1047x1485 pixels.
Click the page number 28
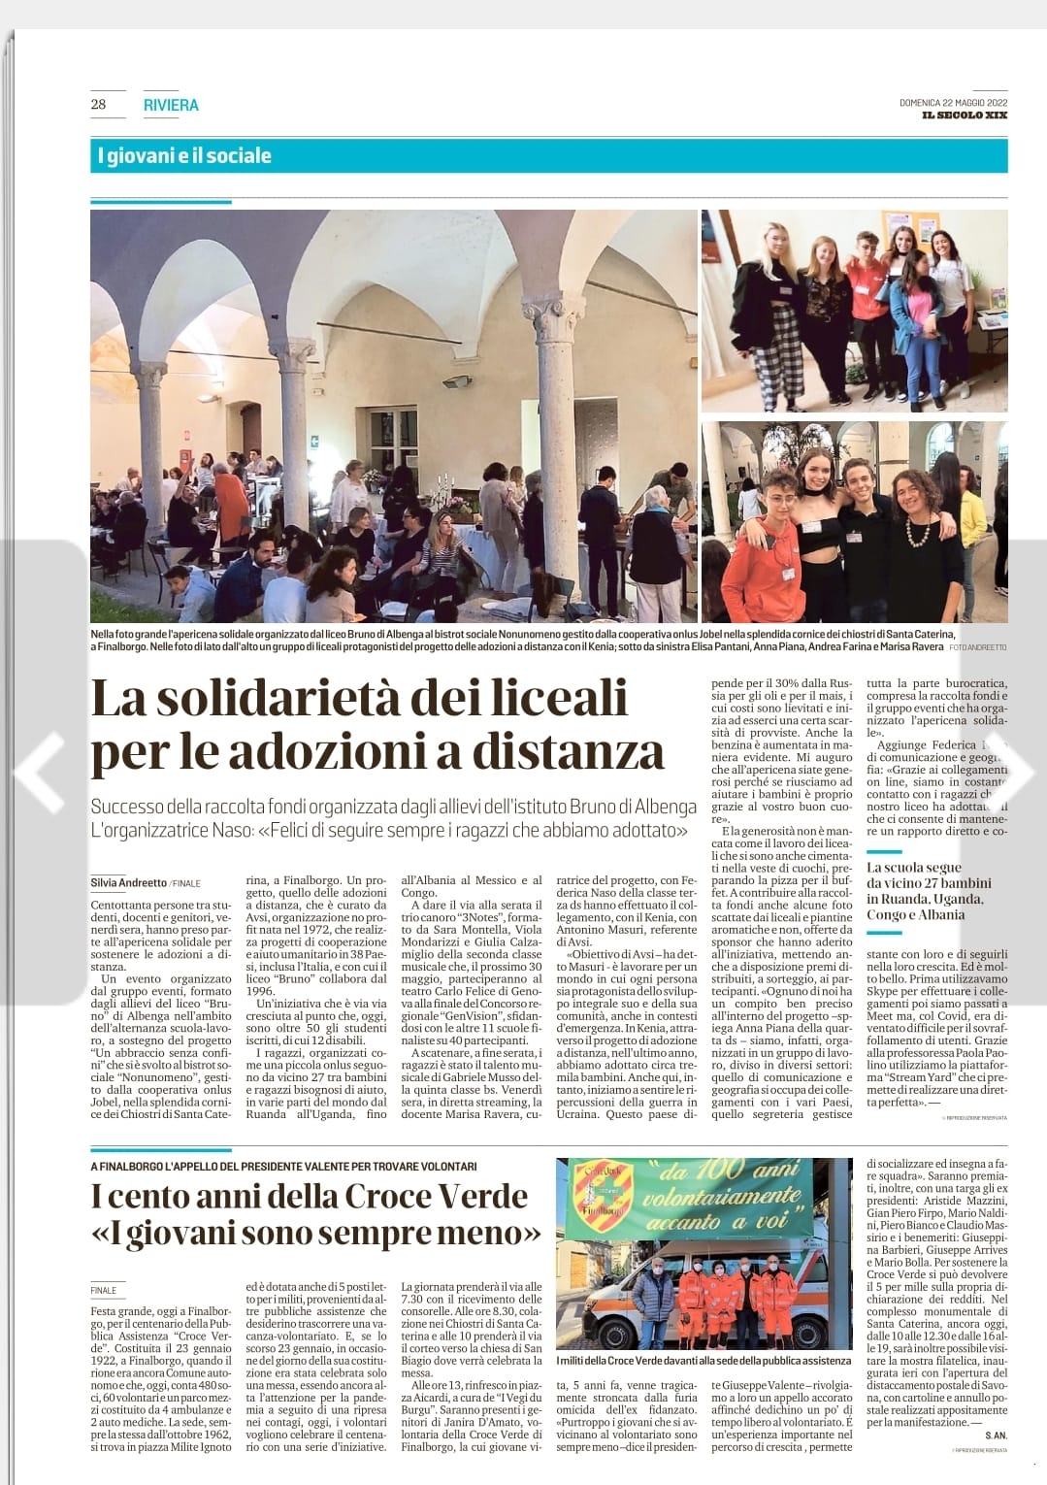pyautogui.click(x=98, y=104)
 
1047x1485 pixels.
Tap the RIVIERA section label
pyautogui.click(x=170, y=105)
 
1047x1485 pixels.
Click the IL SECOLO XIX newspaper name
pyautogui.click(x=965, y=115)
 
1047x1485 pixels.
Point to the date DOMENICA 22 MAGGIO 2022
pyautogui.click(x=953, y=103)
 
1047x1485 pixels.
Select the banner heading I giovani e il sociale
pyautogui.click(x=184, y=155)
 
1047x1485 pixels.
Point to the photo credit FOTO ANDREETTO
pyautogui.click(x=978, y=646)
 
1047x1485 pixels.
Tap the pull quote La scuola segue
pyautogui.click(x=914, y=867)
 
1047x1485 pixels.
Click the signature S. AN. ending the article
pyautogui.click(x=996, y=1435)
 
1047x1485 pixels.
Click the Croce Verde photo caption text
pyautogui.click(x=703, y=1361)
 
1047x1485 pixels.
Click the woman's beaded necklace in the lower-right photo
pyautogui.click(x=915, y=530)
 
